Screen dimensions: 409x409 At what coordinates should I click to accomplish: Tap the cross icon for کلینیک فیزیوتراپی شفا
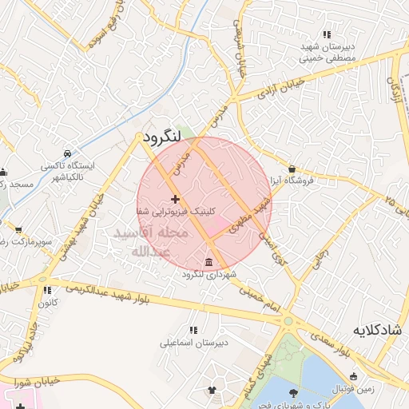175,198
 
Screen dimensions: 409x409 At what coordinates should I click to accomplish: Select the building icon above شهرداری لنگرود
208,263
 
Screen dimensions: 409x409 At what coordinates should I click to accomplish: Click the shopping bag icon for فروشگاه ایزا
292,169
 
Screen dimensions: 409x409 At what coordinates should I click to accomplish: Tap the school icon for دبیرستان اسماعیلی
193,329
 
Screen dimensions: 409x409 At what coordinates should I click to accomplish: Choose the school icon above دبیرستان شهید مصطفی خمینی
327,34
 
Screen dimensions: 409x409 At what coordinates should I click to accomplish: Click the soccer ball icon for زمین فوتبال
353,375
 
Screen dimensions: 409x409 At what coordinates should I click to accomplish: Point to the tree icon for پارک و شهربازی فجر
293,392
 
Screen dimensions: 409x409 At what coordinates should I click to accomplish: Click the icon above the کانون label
46,291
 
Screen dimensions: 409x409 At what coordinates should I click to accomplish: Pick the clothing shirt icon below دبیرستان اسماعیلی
212,391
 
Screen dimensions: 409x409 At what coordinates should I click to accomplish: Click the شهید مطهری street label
249,219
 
